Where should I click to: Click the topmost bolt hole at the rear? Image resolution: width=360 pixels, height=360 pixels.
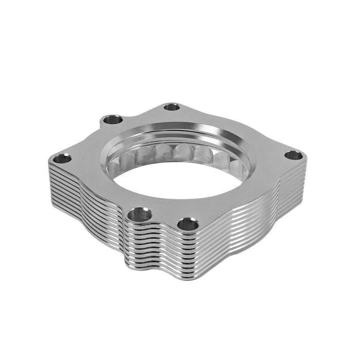pyautogui.click(x=172, y=107)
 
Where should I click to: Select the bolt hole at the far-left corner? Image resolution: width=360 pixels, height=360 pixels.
pyautogui.click(x=62, y=158)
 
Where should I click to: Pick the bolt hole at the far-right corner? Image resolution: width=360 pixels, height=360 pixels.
pyautogui.click(x=293, y=155)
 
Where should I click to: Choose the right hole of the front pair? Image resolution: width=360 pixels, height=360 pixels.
pyautogui.click(x=188, y=224)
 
